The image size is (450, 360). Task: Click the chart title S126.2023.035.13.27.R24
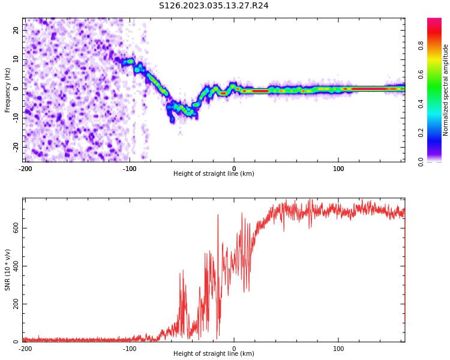[214, 5]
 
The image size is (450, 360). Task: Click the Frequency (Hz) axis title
[8, 90]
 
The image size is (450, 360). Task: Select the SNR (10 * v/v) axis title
[8, 270]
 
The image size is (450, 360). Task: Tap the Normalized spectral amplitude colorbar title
[446, 90]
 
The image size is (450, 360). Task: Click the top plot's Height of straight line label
[214, 173]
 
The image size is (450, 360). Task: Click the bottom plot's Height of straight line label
[214, 353]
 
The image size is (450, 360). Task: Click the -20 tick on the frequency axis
[15, 146]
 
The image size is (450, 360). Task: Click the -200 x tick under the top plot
[25, 169]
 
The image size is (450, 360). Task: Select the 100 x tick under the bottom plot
[338, 349]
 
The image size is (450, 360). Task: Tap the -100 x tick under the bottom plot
[129, 349]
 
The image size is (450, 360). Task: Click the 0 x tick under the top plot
[234, 169]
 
